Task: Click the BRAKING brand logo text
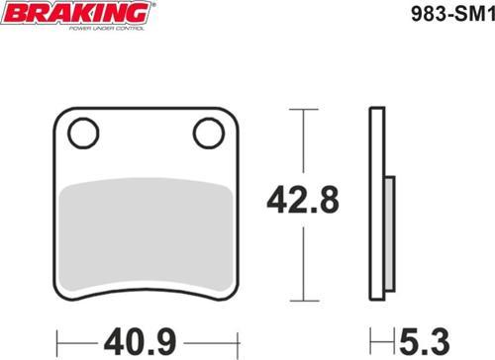coord(78,13)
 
